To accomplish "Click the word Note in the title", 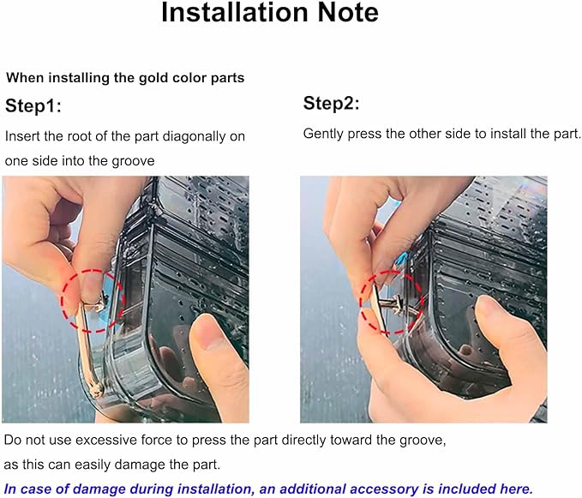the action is coord(348,13).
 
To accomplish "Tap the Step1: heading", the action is coord(33,105).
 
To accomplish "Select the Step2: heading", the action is coord(331,103).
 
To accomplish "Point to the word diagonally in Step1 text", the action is coord(194,136).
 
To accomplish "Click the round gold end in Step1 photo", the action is coord(97,389).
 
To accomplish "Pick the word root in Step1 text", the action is coord(81,136).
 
